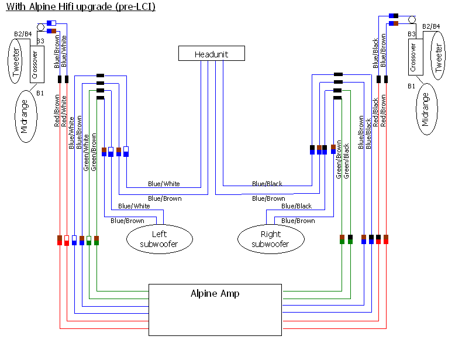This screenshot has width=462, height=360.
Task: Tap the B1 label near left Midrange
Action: pos(40,93)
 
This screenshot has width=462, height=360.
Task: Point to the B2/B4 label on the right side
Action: pos(431,26)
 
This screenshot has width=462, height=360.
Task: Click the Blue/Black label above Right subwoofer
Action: pos(296,206)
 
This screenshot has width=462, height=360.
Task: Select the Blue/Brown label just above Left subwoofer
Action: pos(127,221)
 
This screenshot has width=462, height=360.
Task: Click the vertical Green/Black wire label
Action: pos(346,161)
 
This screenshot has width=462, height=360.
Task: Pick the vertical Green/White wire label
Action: pos(86,153)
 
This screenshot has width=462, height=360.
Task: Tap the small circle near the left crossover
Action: pos(41,28)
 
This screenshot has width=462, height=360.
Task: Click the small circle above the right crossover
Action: pos(412,20)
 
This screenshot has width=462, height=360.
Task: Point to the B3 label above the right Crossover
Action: pos(411,34)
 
